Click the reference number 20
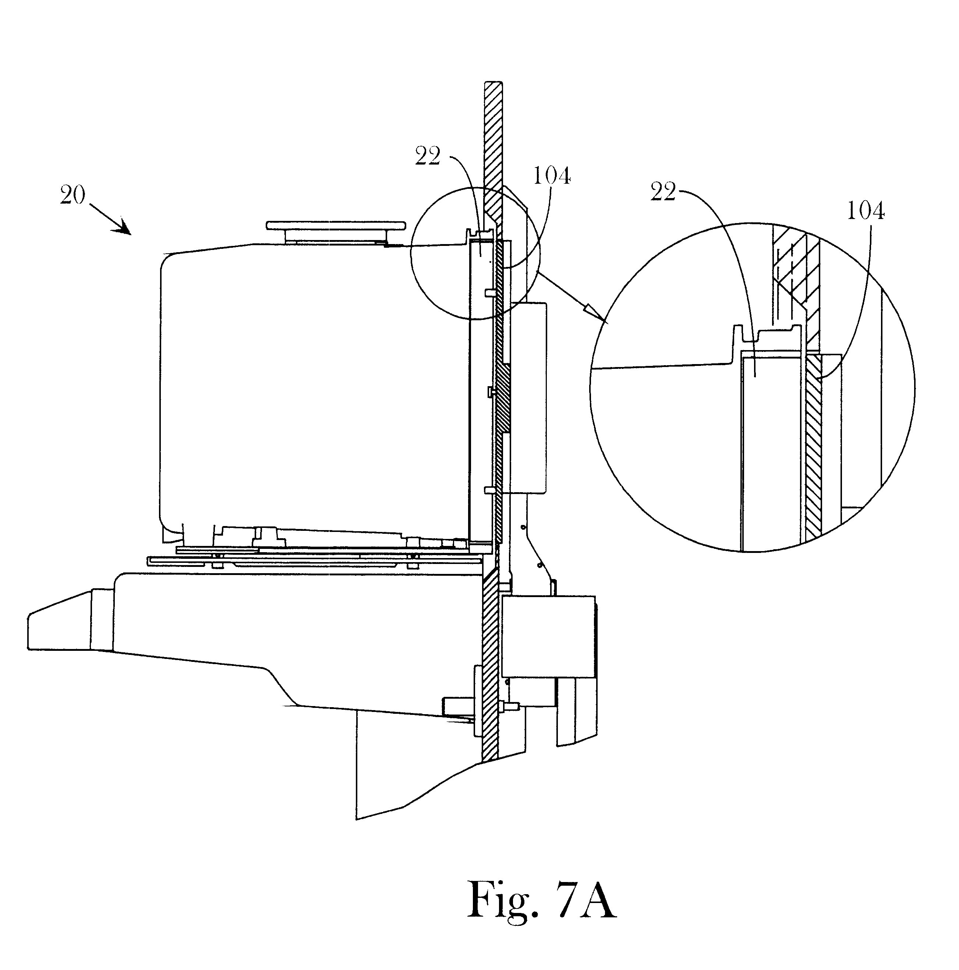(73, 195)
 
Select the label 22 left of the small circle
(428, 156)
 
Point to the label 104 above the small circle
(552, 176)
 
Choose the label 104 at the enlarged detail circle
(866, 211)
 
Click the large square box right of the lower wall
(549, 636)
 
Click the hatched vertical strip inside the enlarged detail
(813, 447)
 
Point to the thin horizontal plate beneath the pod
(314, 561)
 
